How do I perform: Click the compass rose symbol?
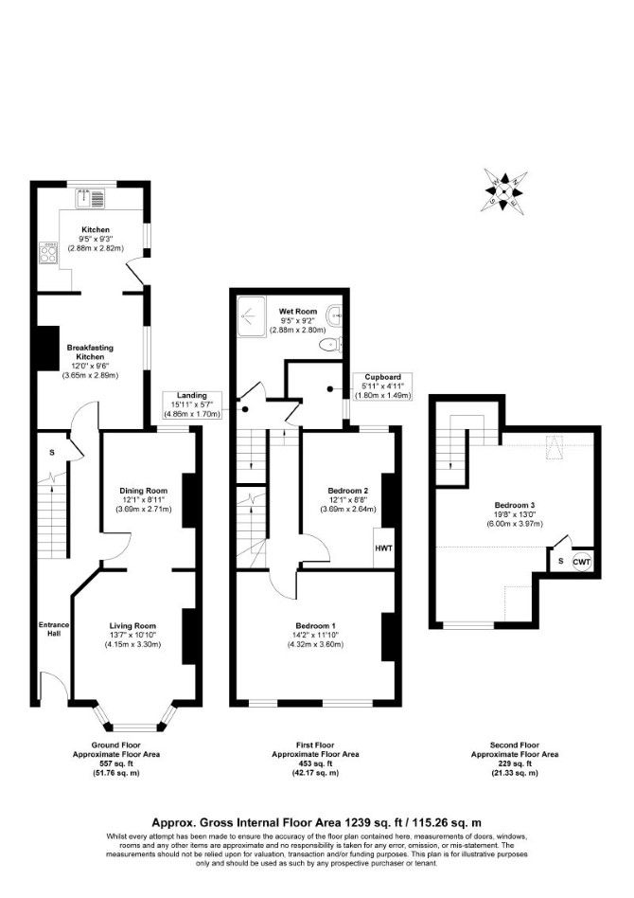point(505,190)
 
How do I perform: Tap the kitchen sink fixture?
point(91,198)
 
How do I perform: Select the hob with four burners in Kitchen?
point(48,254)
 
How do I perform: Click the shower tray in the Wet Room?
point(251,315)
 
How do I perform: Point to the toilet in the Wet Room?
point(330,345)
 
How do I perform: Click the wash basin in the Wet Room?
point(335,314)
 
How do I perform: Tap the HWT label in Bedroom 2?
point(384,548)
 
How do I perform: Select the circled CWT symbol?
point(582,562)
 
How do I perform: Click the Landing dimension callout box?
point(192,404)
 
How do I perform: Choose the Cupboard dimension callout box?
point(383,386)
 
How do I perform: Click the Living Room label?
point(132,626)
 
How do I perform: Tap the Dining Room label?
point(144,491)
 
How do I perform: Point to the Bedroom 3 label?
point(515,505)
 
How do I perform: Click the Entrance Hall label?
point(54,629)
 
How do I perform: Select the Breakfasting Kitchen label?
point(91,352)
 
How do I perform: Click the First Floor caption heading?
point(315,745)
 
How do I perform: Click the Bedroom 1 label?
point(316,625)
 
